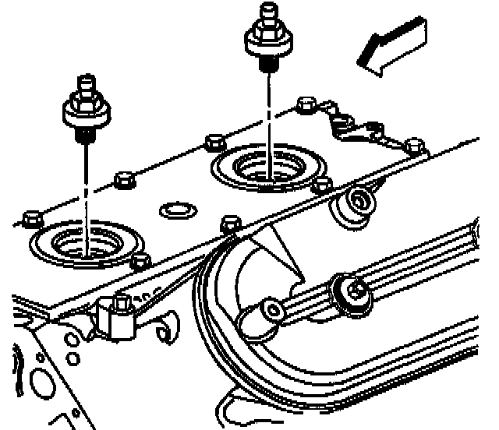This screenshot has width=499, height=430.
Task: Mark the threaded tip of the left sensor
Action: (x=83, y=137)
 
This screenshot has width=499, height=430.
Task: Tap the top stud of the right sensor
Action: (x=268, y=11)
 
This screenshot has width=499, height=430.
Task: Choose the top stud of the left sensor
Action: (x=83, y=83)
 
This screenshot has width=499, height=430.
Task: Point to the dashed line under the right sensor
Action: (x=269, y=117)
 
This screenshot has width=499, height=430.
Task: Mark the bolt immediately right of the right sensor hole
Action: (x=320, y=185)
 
